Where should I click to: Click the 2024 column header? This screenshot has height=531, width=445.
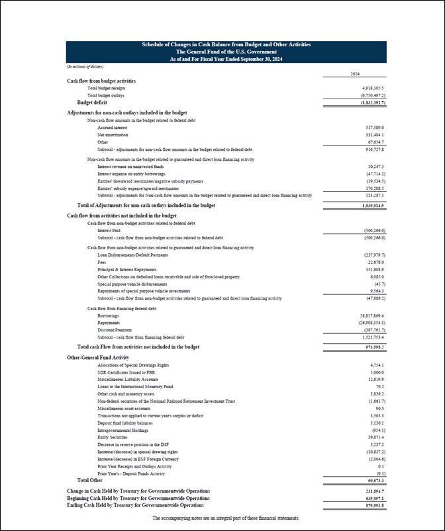[354, 74]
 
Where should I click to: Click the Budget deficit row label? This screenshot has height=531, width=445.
[91, 102]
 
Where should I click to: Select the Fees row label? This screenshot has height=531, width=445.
[103, 262]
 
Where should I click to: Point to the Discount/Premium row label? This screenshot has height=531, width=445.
[113, 330]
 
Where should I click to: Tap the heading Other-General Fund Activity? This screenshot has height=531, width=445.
[98, 357]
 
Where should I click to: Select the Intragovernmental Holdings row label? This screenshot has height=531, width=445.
[123, 430]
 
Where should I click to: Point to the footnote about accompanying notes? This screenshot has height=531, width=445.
[225, 517]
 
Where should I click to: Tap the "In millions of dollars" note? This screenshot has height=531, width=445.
[85, 67]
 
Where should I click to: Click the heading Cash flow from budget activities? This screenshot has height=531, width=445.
[101, 81]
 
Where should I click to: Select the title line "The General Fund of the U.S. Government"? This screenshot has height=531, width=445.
[226, 52]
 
